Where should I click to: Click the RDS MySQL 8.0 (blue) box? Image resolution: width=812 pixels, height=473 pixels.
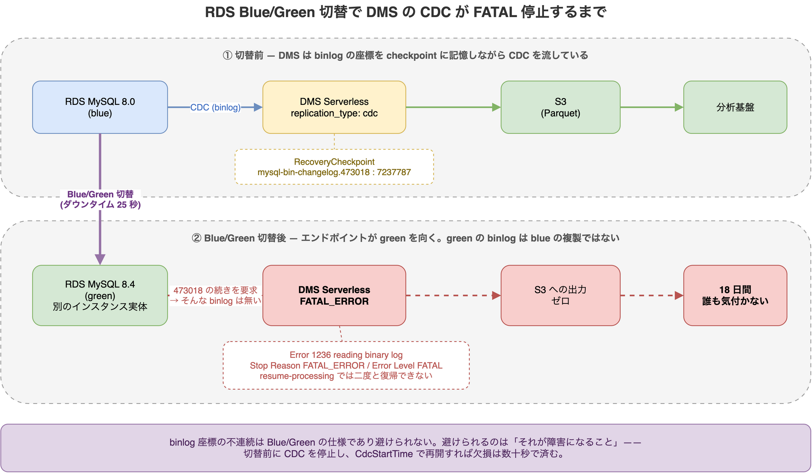pos(100,107)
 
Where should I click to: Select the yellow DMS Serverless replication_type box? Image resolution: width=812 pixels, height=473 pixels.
pos(334,107)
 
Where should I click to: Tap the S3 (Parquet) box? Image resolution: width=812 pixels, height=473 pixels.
pos(560,107)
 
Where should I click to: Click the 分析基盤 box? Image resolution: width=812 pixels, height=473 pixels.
pos(735,107)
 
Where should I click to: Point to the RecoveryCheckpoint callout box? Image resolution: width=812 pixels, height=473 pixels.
pos(334,167)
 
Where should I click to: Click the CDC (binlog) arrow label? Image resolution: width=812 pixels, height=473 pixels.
pos(215,107)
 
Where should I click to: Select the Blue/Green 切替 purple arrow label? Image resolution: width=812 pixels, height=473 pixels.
pos(100,199)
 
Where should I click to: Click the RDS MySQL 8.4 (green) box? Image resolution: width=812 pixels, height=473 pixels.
pos(100,295)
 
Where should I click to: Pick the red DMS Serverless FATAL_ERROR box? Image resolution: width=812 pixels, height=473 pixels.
pos(334,295)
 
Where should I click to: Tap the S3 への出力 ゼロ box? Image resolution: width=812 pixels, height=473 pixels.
pos(560,295)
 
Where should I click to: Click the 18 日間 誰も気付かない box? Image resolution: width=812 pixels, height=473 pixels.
pos(735,295)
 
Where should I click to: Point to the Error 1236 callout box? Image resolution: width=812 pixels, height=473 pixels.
pos(346,365)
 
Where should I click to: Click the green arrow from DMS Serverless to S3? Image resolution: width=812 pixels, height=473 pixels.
pos(453,107)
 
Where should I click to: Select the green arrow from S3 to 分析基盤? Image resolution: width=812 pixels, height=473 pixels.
pos(652,107)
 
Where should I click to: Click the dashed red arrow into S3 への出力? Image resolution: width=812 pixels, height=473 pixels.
pos(453,295)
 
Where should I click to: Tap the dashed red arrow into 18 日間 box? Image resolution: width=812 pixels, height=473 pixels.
pos(652,295)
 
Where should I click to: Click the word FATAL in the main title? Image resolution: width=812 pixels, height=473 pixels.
pos(495,13)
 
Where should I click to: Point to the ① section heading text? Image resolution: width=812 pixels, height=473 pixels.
pos(405,55)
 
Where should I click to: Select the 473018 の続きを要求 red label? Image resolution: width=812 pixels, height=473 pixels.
pos(215,290)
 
